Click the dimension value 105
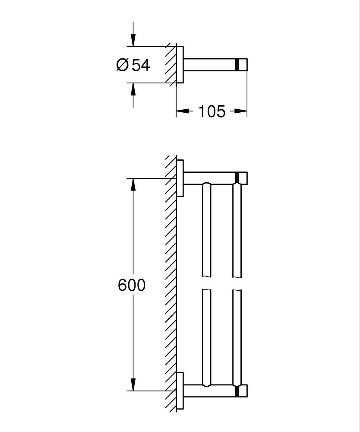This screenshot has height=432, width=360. click(x=212, y=111)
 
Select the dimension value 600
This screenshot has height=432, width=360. click(x=132, y=286)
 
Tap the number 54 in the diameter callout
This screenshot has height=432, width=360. click(x=140, y=65)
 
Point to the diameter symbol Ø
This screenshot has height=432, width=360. click(x=122, y=65)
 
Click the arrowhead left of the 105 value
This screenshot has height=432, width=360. click(x=183, y=111)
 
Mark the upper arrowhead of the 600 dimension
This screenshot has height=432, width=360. click(x=133, y=185)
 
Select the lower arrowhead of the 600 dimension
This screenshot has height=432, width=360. click(x=133, y=384)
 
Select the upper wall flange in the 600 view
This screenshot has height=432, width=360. click(x=180, y=178)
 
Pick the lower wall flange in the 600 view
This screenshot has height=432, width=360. click(x=180, y=391)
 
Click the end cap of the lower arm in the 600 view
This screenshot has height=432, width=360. click(x=242, y=391)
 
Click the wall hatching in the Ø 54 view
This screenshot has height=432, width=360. click(x=170, y=64)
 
